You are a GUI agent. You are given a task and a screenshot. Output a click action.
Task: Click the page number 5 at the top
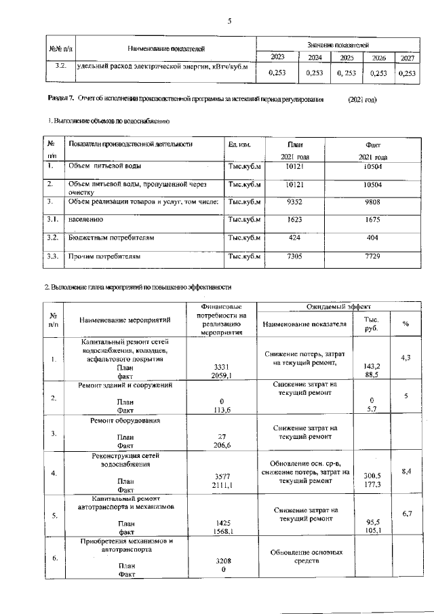click(229, 21)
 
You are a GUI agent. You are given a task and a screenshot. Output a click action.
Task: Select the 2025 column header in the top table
click(347, 58)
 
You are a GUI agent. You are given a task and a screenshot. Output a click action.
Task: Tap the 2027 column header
click(407, 58)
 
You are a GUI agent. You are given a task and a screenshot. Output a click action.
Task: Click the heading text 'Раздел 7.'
click(60, 99)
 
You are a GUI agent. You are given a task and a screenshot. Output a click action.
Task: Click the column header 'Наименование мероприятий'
click(125, 320)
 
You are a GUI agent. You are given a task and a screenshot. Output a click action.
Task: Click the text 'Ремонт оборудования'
click(125, 421)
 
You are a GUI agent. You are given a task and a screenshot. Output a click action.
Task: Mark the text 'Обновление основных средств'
click(306, 557)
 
